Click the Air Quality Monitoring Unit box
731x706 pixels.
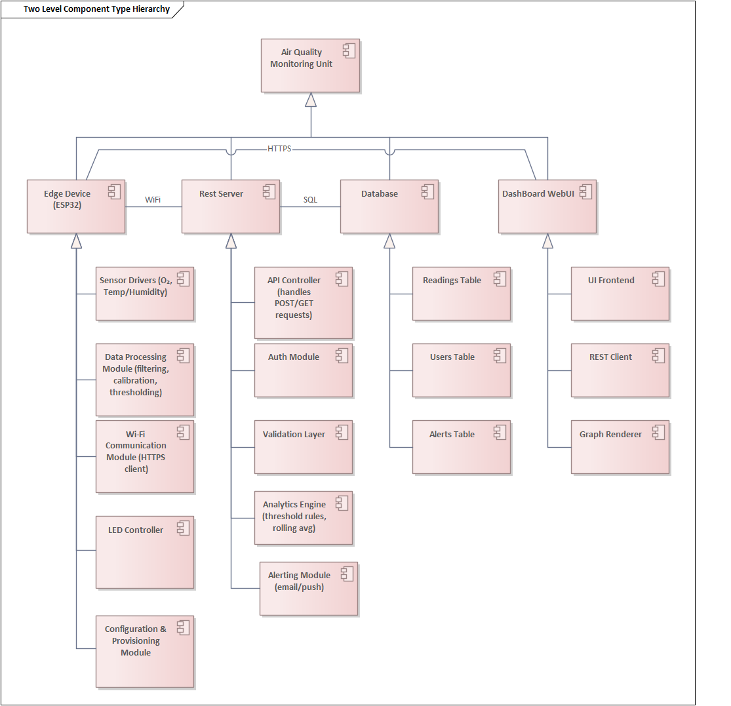pyautogui.click(x=310, y=66)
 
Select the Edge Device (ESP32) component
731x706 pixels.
pyautogui.click(x=76, y=206)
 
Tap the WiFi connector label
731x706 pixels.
pyautogui.click(x=153, y=199)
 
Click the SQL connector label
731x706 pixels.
pyautogui.click(x=310, y=199)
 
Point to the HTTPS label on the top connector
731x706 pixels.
pyautogui.click(x=279, y=149)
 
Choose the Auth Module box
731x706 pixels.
pyautogui.click(x=304, y=370)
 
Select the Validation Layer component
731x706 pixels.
pyautogui.click(x=304, y=447)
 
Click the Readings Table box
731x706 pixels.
pyautogui.click(x=462, y=294)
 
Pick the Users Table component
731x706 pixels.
pyautogui.click(x=462, y=370)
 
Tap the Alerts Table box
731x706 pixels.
pyautogui.click(x=462, y=447)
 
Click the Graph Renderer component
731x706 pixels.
pyautogui.click(x=620, y=447)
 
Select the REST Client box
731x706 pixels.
pyautogui.click(x=620, y=370)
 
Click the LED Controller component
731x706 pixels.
pyautogui.click(x=145, y=553)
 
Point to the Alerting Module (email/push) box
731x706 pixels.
pyautogui.click(x=309, y=588)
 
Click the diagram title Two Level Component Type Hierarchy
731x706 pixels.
pyautogui.click(x=96, y=9)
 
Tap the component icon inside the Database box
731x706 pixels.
pyautogui.click(x=427, y=191)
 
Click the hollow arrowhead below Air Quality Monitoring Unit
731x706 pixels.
pyautogui.click(x=311, y=100)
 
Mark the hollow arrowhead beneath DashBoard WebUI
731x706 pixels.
pyautogui.click(x=547, y=241)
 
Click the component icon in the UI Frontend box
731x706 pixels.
pyautogui.click(x=658, y=279)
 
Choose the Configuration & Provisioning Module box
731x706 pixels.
pyautogui.click(x=145, y=651)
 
